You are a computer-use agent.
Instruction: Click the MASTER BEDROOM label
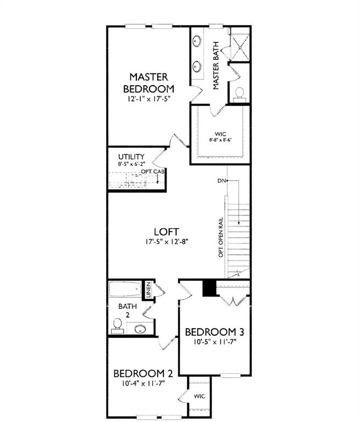pos(148,82)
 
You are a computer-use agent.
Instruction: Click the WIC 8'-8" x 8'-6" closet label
pos(220,136)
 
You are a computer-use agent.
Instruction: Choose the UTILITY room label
pos(131,157)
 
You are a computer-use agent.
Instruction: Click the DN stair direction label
pos(221,180)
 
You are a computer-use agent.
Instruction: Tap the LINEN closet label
pos(148,290)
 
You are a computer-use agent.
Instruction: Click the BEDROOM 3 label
pos(214,332)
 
